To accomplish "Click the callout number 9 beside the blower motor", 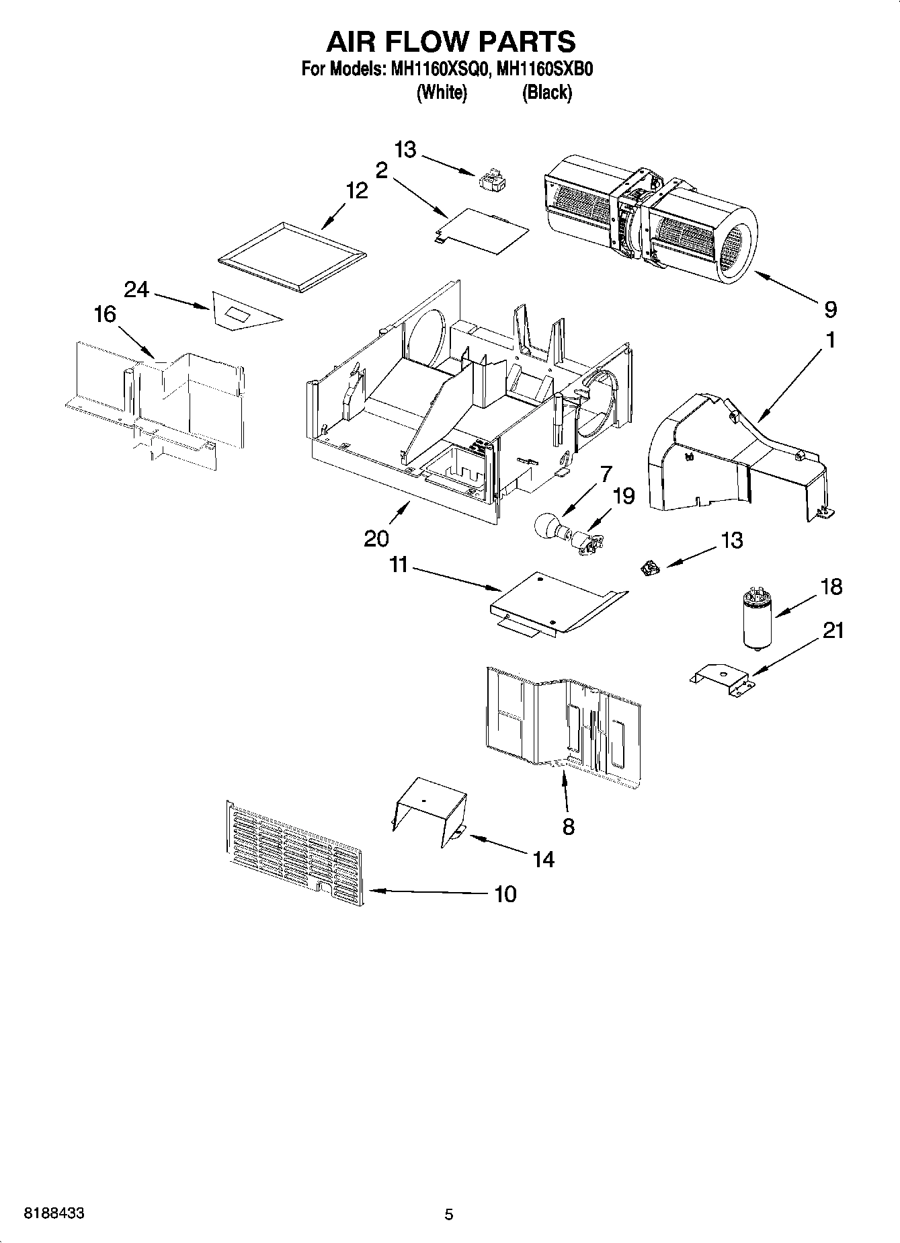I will coord(831,309).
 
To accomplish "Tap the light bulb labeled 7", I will coord(549,525).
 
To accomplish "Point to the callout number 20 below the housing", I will coord(376,538).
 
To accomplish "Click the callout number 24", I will coord(136,289).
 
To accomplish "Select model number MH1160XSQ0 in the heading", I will coord(436,70).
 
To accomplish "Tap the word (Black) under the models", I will coord(547,92).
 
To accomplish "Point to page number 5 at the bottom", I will coord(449,1214).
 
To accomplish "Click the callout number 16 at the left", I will coord(105,314).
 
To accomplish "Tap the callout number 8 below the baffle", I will coord(568,826).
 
